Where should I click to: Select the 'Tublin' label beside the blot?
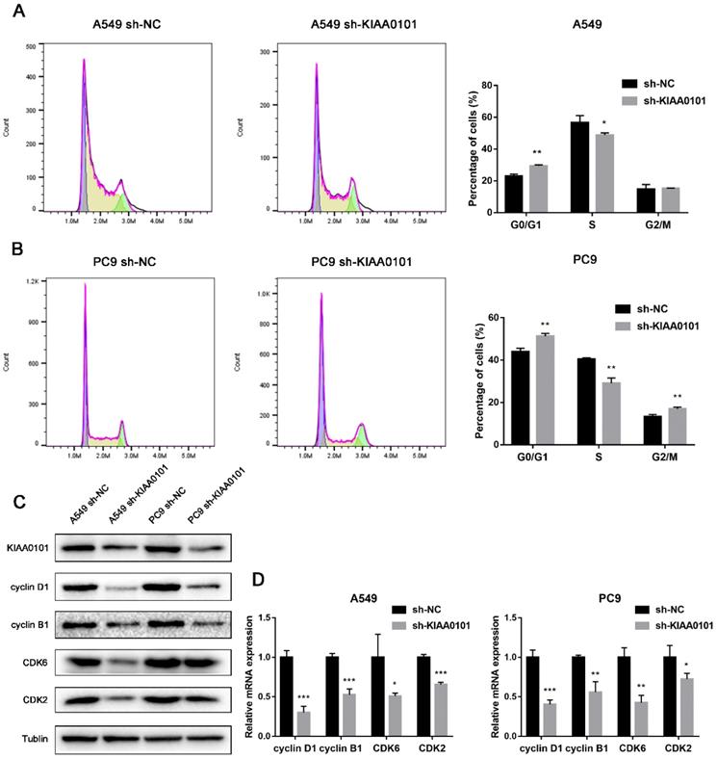(x=30, y=737)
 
